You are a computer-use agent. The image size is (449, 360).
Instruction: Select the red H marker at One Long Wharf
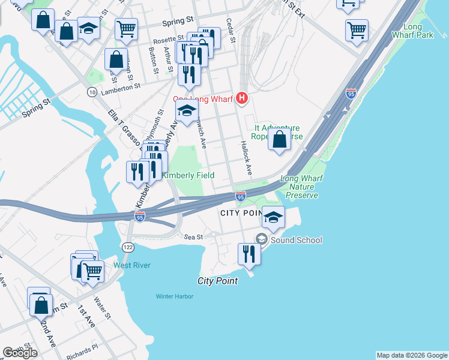pyautogui.click(x=242, y=98)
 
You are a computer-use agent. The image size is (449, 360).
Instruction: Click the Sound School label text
pyautogui.click(x=296, y=240)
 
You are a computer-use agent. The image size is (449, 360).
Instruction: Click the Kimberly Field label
pyautogui.click(x=188, y=175)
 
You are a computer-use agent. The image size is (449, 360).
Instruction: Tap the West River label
pyautogui.click(x=132, y=265)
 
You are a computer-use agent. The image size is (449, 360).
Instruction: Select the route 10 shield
pyautogui.click(x=92, y=91)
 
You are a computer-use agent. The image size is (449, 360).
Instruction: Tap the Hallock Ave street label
pyautogui.click(x=246, y=158)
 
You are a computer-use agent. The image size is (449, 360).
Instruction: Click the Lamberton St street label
pyautogui.click(x=120, y=86)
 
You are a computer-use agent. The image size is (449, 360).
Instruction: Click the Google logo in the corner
pyautogui.click(x=20, y=353)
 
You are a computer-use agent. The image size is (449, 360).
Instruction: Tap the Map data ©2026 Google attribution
pyautogui.click(x=412, y=355)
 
